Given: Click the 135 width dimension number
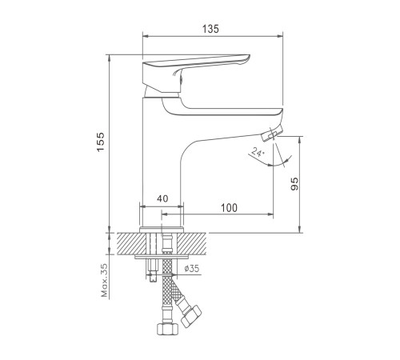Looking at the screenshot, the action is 210,29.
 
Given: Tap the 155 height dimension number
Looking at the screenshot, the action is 101,142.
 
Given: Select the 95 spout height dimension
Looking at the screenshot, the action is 294,184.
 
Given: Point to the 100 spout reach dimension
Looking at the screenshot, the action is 229,208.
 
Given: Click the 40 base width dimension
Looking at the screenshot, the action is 162,198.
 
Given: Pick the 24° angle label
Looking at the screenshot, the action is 258,152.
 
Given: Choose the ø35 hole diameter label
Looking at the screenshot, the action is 192,268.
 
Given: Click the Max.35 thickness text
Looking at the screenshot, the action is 105,280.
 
